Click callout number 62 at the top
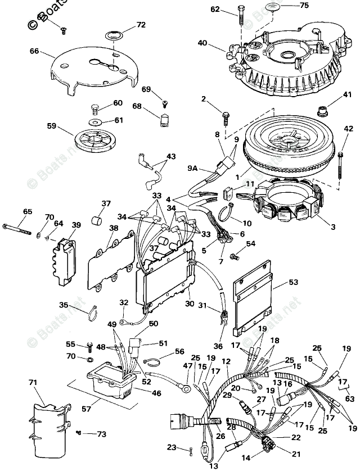coord(215,9)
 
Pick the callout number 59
coord(51,126)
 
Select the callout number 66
coord(34,51)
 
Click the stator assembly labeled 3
coord(287,202)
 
